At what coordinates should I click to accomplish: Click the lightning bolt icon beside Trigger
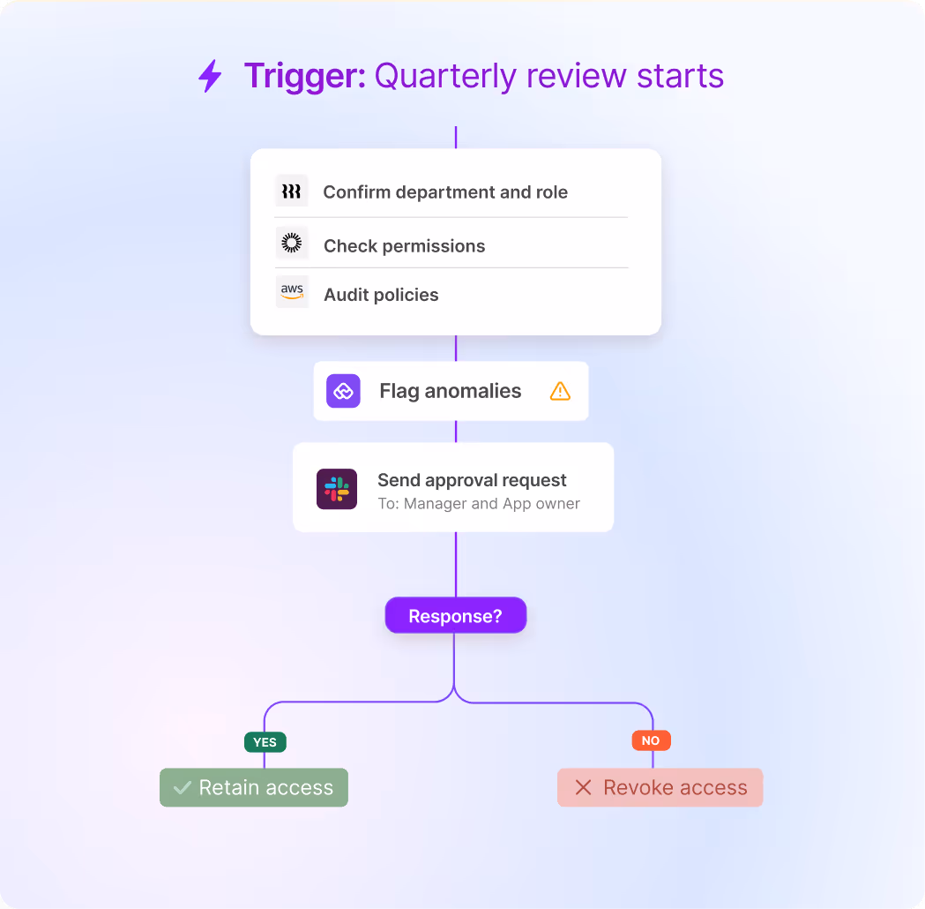point(210,76)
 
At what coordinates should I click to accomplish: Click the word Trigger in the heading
point(304,76)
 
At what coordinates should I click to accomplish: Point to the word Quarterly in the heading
point(445,77)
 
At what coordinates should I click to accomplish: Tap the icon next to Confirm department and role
point(292,192)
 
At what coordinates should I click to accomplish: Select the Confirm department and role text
point(445,192)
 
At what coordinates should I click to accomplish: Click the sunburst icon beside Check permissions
point(292,244)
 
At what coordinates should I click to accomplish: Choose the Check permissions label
point(404,246)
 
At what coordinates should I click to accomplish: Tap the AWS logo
point(292,291)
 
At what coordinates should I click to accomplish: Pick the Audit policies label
point(381,295)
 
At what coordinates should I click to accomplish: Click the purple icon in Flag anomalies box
point(343,391)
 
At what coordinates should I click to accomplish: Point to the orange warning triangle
point(560,391)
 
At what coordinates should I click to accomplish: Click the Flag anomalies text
point(450,391)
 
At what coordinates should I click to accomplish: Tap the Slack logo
point(337,489)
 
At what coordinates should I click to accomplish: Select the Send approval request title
point(472,480)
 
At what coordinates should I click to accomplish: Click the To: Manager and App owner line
point(479,504)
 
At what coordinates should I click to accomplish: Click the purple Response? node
point(455,616)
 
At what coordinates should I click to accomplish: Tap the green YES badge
point(265,742)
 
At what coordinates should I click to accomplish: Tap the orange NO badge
point(651,740)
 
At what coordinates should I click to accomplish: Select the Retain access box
point(254,787)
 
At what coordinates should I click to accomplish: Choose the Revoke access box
point(660,787)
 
